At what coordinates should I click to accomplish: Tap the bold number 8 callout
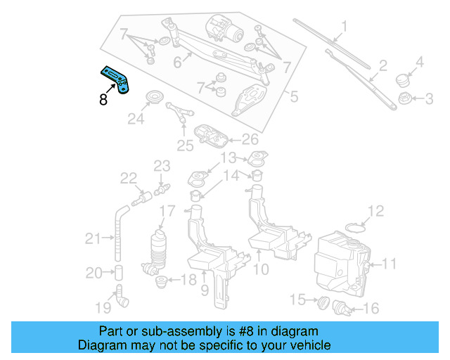[x=103, y=100]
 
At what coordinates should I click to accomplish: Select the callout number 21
[x=93, y=239]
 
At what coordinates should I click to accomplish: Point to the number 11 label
[x=389, y=264]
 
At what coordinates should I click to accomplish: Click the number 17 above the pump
[x=167, y=211]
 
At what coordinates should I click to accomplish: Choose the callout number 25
[x=184, y=146]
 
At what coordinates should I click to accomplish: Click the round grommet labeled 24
[x=153, y=96]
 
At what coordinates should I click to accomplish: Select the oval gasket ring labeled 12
[x=358, y=226]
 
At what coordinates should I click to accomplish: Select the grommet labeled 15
[x=324, y=302]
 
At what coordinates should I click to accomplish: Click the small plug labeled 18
[x=161, y=283]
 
